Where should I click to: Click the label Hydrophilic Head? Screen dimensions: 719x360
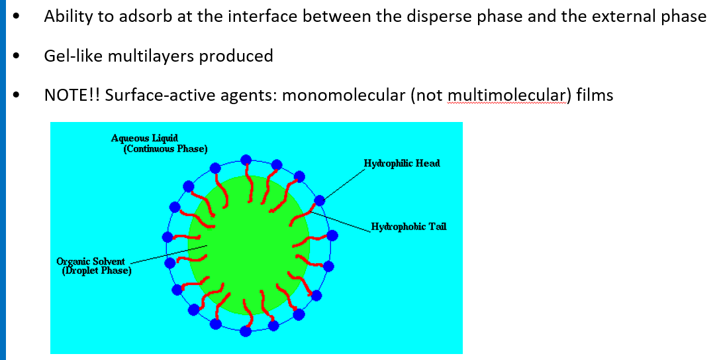click(402, 164)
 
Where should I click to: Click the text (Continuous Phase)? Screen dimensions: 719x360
click(166, 149)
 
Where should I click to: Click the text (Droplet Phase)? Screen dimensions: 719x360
click(97, 271)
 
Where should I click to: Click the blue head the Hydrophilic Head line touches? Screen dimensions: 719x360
click(320, 201)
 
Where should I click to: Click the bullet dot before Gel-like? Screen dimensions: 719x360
click(17, 57)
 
